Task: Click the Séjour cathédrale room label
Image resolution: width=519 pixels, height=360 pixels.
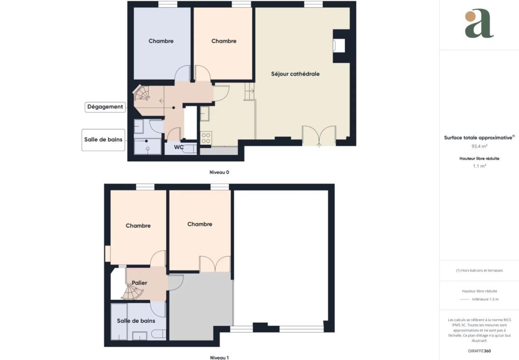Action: [x=295, y=74]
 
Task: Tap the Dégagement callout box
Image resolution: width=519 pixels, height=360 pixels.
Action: [x=105, y=107]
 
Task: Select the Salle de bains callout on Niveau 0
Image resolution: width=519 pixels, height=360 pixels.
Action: [x=103, y=140]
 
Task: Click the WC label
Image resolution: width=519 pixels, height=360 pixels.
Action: [x=179, y=147]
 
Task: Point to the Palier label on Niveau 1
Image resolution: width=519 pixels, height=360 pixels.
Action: [x=139, y=283]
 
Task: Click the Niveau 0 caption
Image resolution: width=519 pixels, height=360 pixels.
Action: [x=219, y=172]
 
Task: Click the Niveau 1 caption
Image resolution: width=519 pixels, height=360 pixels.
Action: [x=219, y=357]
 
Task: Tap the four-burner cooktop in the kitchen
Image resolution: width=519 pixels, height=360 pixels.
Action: [x=206, y=138]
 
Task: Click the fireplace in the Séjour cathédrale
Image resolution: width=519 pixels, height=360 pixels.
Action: [x=339, y=46]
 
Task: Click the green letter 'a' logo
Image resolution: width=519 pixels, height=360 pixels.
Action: [x=479, y=24]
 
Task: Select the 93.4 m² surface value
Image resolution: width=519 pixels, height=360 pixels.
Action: [x=479, y=146]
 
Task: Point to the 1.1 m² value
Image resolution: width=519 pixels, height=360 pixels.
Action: [x=479, y=166]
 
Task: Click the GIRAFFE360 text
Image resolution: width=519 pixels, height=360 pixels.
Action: [x=479, y=351]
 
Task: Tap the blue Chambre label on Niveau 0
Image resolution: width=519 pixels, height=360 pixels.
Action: [x=161, y=41]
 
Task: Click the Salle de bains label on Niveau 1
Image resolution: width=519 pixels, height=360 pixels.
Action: [x=136, y=321]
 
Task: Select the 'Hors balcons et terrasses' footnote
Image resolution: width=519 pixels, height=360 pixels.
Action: [x=479, y=270]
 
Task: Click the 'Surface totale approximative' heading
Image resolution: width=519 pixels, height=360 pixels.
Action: [x=479, y=138]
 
